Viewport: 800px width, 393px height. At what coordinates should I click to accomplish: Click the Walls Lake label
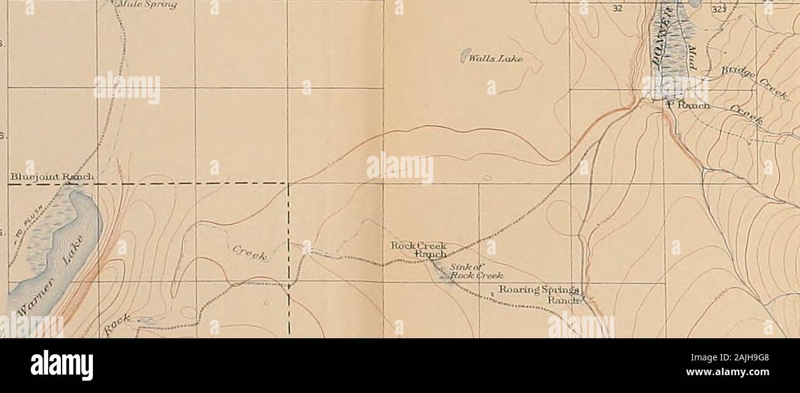click(495, 60)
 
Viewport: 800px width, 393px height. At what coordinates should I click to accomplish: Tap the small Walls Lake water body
click(466, 55)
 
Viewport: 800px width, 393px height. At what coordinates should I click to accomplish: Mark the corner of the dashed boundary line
click(289, 183)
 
